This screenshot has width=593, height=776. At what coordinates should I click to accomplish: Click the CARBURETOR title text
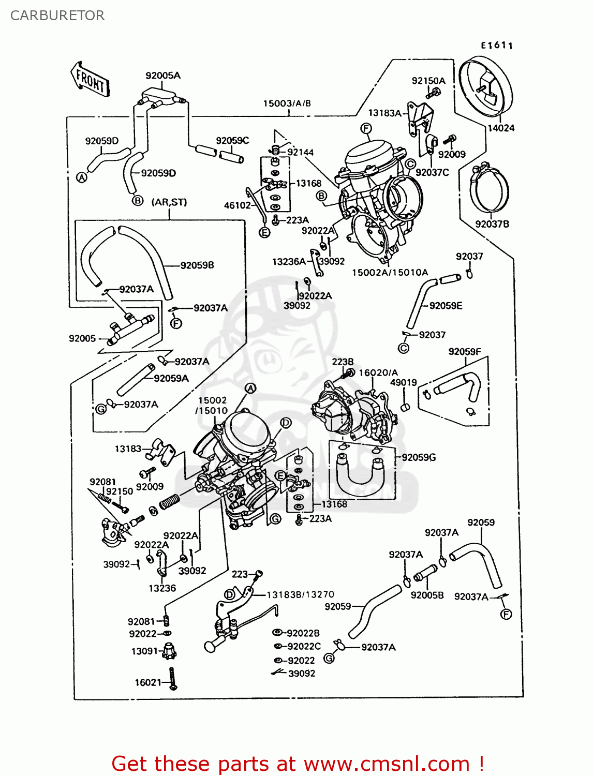click(x=57, y=16)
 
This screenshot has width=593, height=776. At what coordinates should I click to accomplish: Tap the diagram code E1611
click(x=496, y=46)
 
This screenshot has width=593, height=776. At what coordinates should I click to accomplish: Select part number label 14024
click(x=500, y=128)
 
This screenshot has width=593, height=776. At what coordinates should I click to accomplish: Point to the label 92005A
click(x=163, y=76)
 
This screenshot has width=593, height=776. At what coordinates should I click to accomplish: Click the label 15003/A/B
click(x=287, y=103)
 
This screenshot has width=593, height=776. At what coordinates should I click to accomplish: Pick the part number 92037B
click(x=492, y=224)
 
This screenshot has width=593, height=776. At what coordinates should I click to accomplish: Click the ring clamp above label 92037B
click(x=489, y=188)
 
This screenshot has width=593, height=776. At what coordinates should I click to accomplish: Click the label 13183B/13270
click(x=300, y=594)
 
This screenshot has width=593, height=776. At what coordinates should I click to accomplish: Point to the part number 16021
click(x=148, y=682)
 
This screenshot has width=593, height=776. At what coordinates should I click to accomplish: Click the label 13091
click(x=144, y=651)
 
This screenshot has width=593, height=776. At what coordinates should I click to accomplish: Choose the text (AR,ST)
click(x=169, y=202)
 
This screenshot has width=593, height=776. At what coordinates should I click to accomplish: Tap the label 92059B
click(x=197, y=265)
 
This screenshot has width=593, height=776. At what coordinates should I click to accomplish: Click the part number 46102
click(x=237, y=205)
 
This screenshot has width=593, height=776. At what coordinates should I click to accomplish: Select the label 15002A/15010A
click(x=390, y=273)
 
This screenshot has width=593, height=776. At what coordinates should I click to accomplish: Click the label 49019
click(x=403, y=382)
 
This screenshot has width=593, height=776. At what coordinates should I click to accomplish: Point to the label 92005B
click(x=427, y=595)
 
